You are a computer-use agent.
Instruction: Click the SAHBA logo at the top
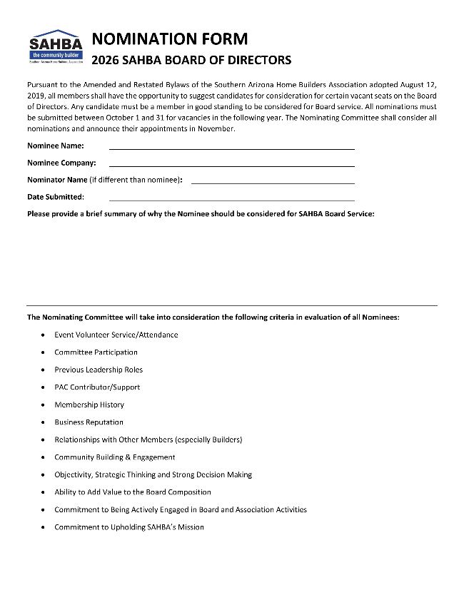point(56,47)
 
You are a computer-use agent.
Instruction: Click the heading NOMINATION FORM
point(170,39)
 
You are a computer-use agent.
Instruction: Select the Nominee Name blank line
point(231,148)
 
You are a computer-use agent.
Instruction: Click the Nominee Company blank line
point(231,166)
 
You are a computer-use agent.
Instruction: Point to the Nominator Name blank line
point(273,183)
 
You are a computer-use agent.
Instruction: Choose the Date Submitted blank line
point(231,200)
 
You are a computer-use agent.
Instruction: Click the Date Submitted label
point(56,197)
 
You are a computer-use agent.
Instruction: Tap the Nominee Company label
point(61,163)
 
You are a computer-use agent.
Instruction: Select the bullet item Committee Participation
point(96,352)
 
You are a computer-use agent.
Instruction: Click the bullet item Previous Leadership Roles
point(99,370)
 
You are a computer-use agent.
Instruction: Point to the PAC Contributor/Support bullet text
point(97,387)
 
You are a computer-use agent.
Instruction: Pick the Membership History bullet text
point(89,405)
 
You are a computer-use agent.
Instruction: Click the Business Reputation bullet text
point(89,422)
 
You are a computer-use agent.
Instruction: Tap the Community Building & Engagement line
point(114,457)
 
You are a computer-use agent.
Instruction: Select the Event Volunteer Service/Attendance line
point(116,335)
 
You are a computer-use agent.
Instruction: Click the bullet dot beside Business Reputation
point(44,422)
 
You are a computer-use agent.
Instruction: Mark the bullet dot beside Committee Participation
point(44,352)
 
